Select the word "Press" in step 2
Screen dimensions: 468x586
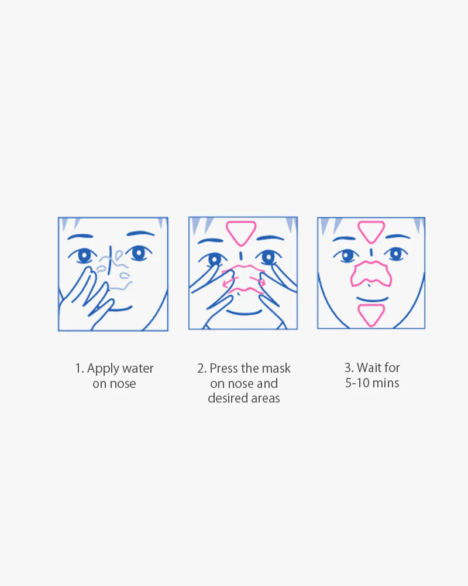[223, 369]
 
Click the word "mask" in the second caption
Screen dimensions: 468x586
[276, 369]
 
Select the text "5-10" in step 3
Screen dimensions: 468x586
[357, 383]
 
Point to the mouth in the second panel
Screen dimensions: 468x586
[244, 313]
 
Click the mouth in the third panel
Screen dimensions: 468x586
[372, 299]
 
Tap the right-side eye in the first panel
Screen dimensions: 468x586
[139, 254]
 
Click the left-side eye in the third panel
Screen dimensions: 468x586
[347, 256]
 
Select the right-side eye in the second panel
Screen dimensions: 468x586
[269, 257]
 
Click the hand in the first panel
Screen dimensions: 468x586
[84, 299]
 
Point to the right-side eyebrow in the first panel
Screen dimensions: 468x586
[140, 234]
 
